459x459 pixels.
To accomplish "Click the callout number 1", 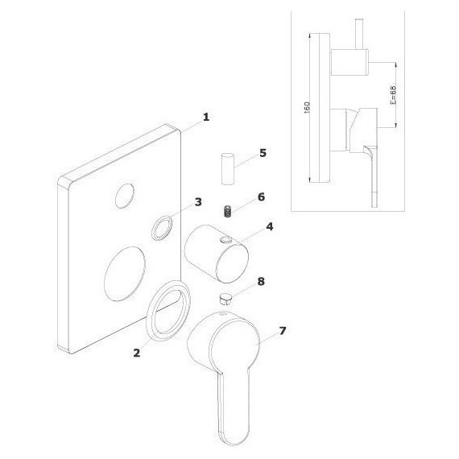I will coord(205,117).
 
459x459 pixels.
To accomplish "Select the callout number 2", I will coord(138,353).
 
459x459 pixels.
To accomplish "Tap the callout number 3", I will coord(198,201).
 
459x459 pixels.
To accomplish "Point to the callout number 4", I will coord(270,227).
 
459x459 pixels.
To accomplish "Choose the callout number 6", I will coord(260,196).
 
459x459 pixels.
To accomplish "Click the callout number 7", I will coord(283,330).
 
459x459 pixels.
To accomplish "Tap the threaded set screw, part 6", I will coord(228,212).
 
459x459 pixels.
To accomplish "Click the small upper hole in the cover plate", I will coord(126,194).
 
